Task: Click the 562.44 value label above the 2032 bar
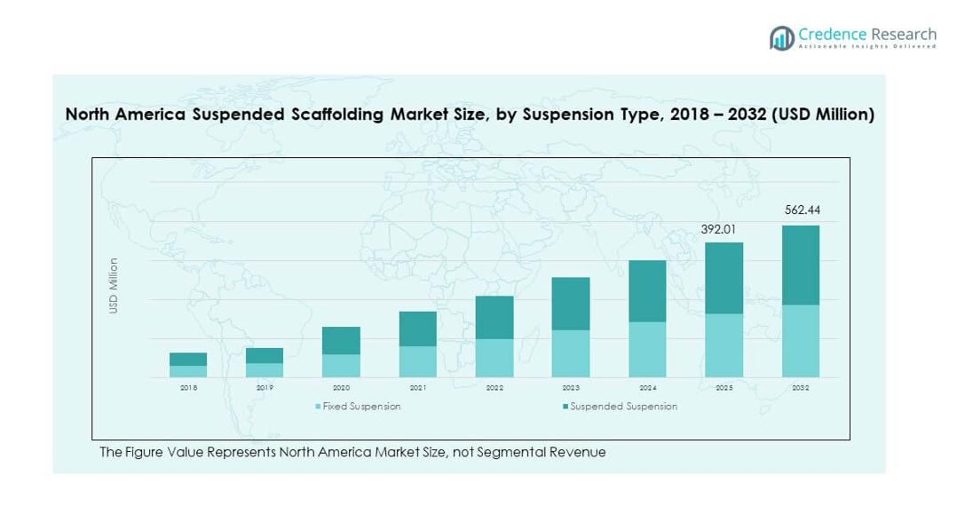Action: click(x=801, y=210)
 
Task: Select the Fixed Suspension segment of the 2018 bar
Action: click(x=188, y=371)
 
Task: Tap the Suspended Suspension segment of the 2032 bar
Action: click(x=801, y=265)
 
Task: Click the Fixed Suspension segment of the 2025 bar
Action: click(x=724, y=345)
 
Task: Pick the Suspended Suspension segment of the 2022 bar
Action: click(x=494, y=317)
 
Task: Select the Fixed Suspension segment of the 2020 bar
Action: click(x=341, y=366)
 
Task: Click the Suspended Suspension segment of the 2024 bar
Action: click(x=648, y=291)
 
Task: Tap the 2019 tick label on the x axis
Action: click(x=265, y=388)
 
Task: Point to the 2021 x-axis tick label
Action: click(x=418, y=388)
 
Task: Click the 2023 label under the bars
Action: click(x=571, y=388)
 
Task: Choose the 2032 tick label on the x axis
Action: click(x=801, y=388)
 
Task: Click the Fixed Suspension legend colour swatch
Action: click(x=318, y=407)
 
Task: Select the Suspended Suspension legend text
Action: click(x=623, y=407)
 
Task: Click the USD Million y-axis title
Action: click(x=114, y=285)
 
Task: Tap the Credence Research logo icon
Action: click(x=782, y=37)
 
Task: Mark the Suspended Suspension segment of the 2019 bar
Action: click(x=265, y=355)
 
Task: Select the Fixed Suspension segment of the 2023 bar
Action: click(x=571, y=353)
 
